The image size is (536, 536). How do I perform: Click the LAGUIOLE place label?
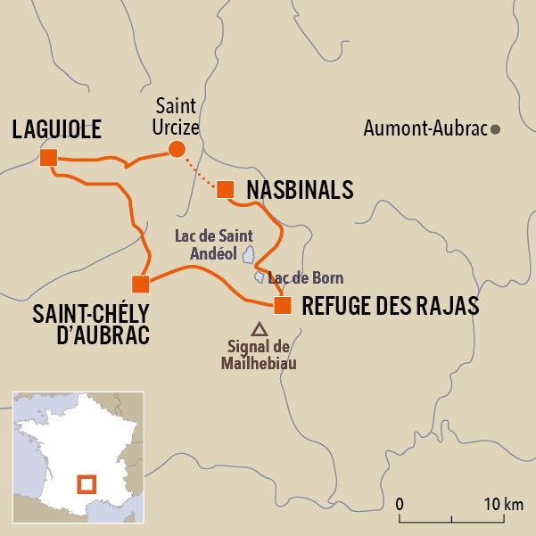56,128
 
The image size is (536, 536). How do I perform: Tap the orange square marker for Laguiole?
48,158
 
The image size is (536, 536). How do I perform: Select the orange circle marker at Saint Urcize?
177,149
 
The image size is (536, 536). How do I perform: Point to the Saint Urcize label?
176,116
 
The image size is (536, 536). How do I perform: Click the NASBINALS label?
300,190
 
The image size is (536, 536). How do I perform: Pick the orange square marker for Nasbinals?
225,189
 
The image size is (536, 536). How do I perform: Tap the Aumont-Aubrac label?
425,129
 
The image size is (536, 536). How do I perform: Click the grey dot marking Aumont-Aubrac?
496,129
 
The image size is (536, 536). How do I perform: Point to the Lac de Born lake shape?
260,277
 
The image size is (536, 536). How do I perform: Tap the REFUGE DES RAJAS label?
391,306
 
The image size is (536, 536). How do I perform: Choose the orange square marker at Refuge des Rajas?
282,306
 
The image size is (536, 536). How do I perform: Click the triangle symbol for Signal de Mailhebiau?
259,328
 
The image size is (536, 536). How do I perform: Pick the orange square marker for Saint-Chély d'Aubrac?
140,284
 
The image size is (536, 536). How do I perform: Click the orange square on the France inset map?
87,484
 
